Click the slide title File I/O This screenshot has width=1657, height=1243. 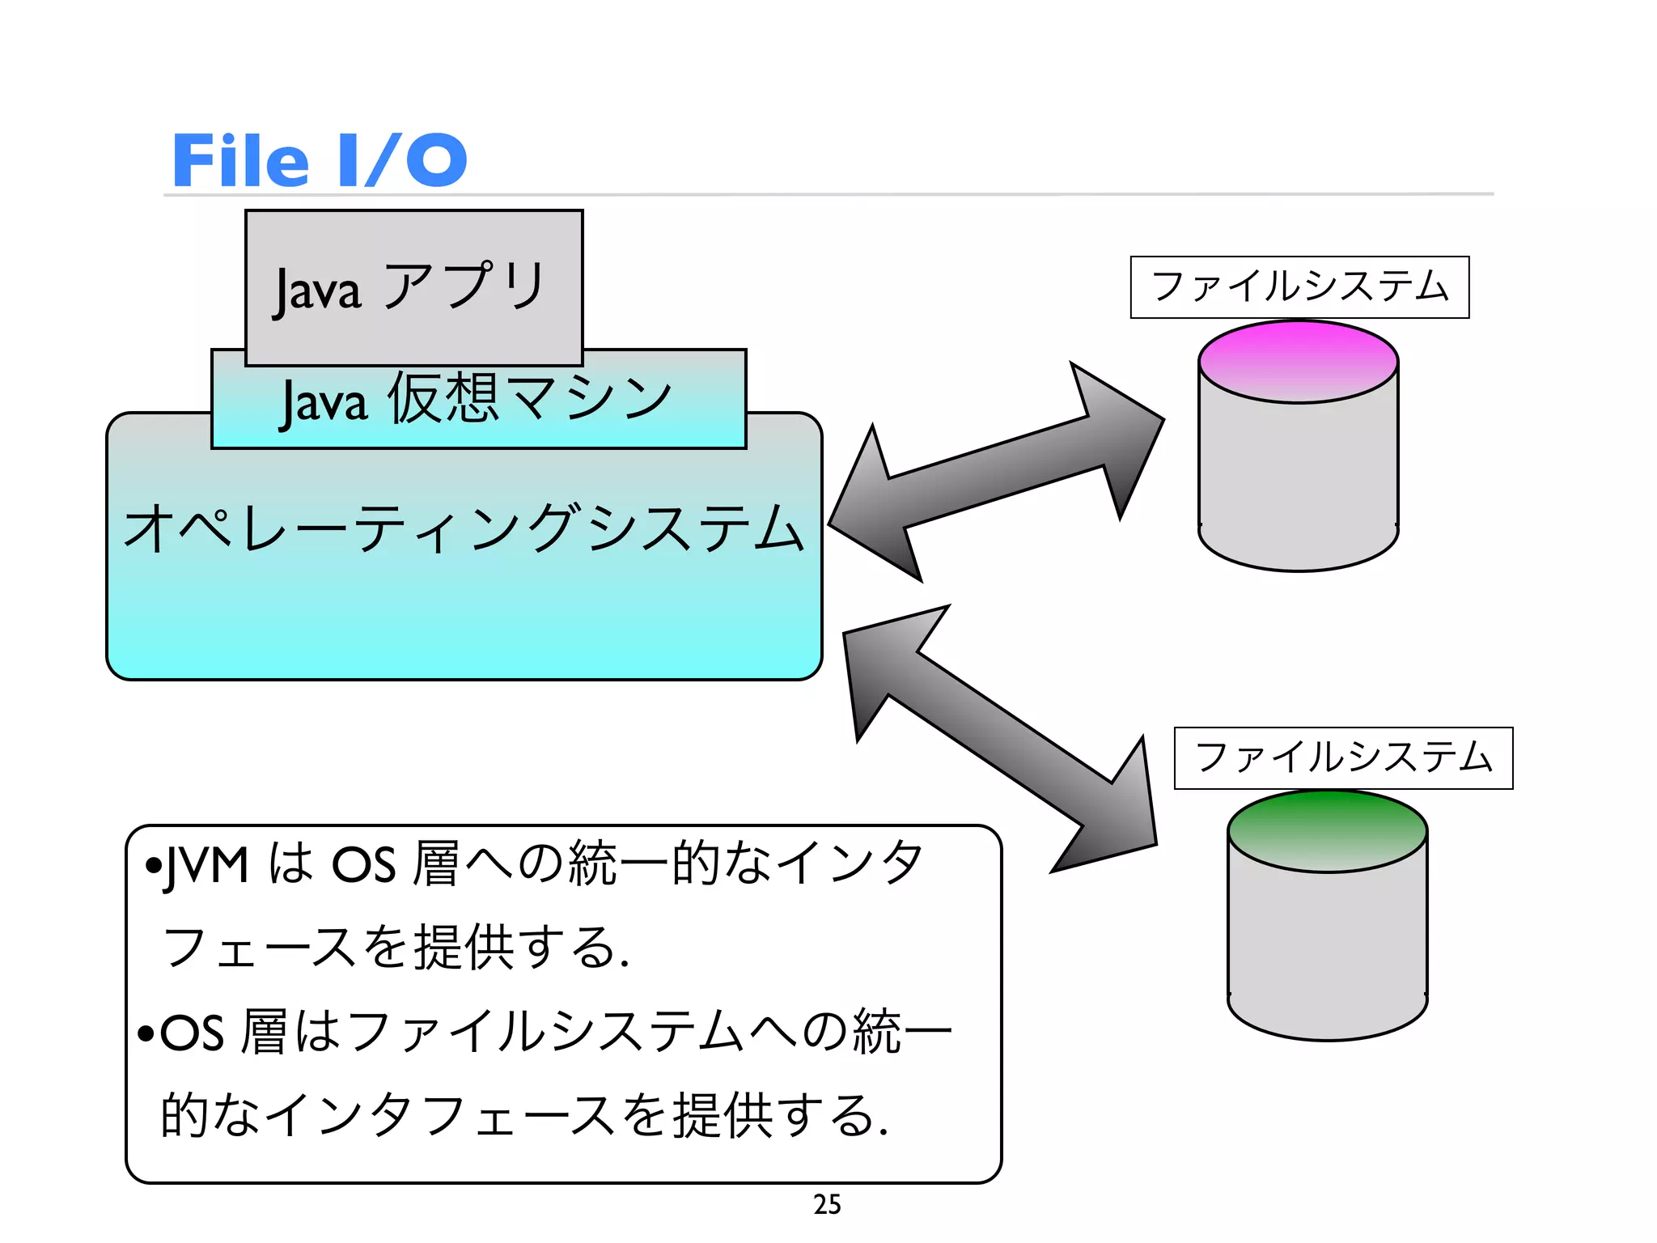pos(320,160)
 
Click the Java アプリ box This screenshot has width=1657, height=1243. pos(413,287)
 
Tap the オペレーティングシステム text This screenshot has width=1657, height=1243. pos(464,528)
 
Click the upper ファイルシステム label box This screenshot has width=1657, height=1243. pos(1299,287)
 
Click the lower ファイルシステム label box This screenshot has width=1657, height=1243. pos(1343,758)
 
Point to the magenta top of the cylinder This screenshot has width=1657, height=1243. pos(1298,361)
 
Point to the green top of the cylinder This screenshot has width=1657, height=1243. pos(1327,830)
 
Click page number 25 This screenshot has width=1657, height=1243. pos(827,1204)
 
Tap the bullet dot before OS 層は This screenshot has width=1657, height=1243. pos(146,1033)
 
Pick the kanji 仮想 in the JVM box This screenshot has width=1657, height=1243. pos(443,398)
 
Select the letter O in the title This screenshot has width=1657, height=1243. pos(436,160)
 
